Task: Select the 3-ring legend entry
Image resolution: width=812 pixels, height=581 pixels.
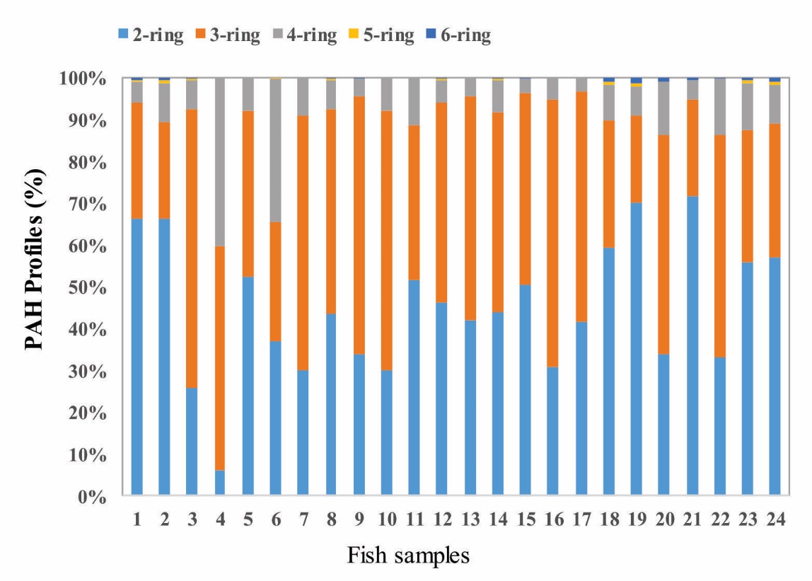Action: coord(232,35)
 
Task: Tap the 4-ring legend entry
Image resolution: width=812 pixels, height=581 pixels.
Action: coord(309,35)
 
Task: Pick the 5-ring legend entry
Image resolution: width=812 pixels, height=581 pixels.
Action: coord(385,35)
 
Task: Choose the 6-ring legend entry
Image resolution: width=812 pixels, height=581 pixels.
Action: coord(462,35)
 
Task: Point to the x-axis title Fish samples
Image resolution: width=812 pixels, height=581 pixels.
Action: coord(408,556)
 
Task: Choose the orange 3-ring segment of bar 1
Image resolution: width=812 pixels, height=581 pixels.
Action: coord(137,160)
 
